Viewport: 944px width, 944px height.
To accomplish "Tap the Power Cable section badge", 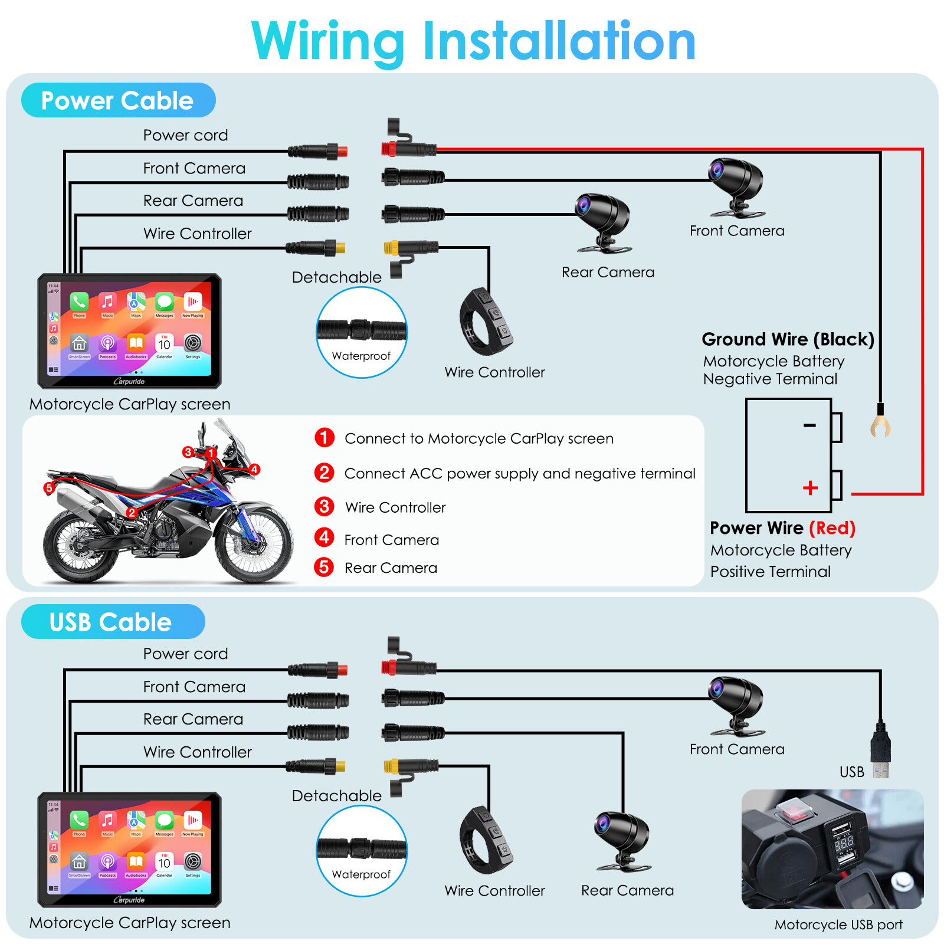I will pyautogui.click(x=118, y=100).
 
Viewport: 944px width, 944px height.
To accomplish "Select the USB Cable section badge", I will pyautogui.click(x=112, y=622).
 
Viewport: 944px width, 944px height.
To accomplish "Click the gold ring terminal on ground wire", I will pyautogui.click(x=880, y=426).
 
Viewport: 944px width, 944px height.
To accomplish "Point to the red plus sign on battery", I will pyautogui.click(x=810, y=487).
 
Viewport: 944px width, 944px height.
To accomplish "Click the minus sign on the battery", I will pyautogui.click(x=809, y=425).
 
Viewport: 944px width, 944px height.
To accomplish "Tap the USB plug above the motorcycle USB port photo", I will pyautogui.click(x=880, y=749).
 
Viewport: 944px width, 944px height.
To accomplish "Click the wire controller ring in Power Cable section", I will pyautogui.click(x=485, y=322).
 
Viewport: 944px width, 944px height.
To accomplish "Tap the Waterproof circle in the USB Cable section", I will pyautogui.click(x=361, y=851).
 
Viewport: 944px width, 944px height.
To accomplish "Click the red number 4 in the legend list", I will pyautogui.click(x=324, y=537).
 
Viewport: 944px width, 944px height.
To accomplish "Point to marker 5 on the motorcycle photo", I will pyautogui.click(x=49, y=488).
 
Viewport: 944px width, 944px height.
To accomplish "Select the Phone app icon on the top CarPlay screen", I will pyautogui.click(x=79, y=302).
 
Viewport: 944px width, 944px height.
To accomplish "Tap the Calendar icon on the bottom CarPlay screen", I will pyautogui.click(x=164, y=862).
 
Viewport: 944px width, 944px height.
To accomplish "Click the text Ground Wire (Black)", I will pyautogui.click(x=788, y=339).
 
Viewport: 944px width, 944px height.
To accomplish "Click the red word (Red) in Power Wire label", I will pyautogui.click(x=832, y=527).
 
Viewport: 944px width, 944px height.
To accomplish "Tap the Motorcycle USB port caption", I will pyautogui.click(x=838, y=925).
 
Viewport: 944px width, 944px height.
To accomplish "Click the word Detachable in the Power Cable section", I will pyautogui.click(x=336, y=277).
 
